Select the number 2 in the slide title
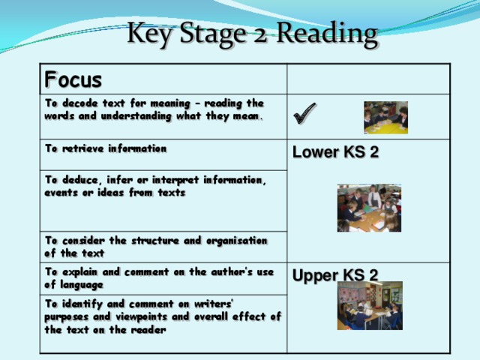(x=260, y=35)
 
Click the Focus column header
(x=73, y=79)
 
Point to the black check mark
(x=304, y=113)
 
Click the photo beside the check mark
(x=385, y=118)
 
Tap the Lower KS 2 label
(x=335, y=152)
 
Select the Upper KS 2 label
(x=335, y=275)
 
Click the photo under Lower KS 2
(x=369, y=208)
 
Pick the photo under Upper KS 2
(x=370, y=305)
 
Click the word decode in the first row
(x=80, y=103)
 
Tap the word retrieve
(x=83, y=148)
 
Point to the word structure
(x=155, y=241)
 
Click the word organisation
(x=237, y=241)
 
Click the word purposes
(x=67, y=317)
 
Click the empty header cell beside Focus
(x=368, y=79)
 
